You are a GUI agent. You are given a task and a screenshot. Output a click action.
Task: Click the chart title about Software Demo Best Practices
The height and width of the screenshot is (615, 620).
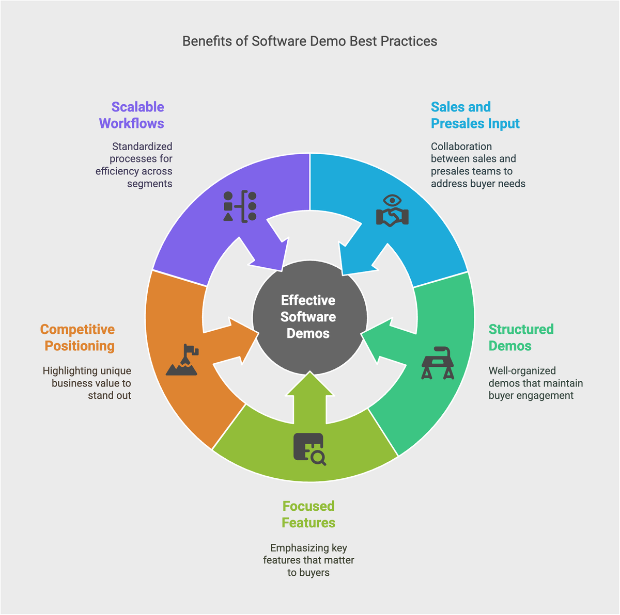click(309, 41)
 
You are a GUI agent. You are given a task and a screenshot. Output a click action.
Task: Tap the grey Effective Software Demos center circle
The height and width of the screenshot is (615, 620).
click(309, 317)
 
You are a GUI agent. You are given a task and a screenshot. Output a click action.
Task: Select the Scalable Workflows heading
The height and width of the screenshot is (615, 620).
click(132, 115)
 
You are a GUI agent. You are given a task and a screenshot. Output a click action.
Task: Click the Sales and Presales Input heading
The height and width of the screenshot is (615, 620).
click(475, 115)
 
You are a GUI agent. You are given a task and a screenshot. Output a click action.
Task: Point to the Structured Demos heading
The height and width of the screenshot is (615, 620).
click(521, 337)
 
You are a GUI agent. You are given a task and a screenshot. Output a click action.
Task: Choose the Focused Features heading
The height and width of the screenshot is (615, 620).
click(308, 514)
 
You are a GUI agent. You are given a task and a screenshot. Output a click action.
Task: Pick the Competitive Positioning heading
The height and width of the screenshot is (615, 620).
click(78, 337)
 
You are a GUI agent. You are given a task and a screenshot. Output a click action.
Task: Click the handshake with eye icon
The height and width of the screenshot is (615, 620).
click(393, 211)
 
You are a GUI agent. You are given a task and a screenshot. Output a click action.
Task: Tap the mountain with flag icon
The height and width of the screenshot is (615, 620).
click(183, 360)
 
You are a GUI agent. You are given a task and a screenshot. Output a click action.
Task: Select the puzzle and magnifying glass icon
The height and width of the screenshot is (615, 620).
click(309, 449)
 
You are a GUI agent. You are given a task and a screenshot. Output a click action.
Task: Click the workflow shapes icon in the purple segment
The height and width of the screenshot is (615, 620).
click(240, 206)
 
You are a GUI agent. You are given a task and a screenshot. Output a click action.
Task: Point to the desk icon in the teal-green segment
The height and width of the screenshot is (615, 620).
click(438, 363)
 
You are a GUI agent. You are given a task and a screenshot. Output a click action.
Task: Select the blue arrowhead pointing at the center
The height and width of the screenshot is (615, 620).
click(357, 253)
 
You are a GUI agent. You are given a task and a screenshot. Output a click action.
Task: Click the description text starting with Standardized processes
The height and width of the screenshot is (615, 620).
click(134, 165)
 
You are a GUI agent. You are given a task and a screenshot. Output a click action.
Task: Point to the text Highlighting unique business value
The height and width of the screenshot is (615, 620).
click(87, 383)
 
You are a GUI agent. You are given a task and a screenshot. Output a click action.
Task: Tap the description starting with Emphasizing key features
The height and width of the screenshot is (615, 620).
click(308, 560)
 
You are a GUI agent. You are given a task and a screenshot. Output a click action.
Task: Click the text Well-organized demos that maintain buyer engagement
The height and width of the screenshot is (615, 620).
click(535, 383)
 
